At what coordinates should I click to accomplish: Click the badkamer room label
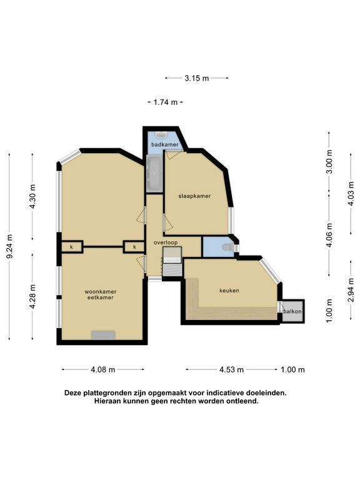[165, 144]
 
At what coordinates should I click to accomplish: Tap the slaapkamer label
[195, 196]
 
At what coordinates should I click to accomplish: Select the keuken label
[229, 291]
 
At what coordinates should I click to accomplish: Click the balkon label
[292, 312]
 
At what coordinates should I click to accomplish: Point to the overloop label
[166, 242]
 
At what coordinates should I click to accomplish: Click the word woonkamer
[101, 292]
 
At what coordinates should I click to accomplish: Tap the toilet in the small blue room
[227, 247]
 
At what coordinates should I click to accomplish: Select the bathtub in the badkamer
[154, 174]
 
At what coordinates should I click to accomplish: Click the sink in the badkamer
[161, 135]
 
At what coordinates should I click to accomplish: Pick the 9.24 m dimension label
[10, 246]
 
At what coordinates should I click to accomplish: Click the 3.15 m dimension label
[196, 78]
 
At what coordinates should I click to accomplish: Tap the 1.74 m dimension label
[165, 102]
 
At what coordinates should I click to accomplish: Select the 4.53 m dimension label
[231, 370]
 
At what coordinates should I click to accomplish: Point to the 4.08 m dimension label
[103, 370]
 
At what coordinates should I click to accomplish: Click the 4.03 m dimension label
[351, 194]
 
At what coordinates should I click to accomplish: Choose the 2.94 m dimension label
[351, 290]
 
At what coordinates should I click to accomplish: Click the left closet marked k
[72, 247]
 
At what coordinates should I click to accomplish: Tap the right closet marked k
[134, 247]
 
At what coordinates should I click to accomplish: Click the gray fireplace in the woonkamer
[104, 335]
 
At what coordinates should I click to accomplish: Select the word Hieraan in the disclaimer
[106, 401]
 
